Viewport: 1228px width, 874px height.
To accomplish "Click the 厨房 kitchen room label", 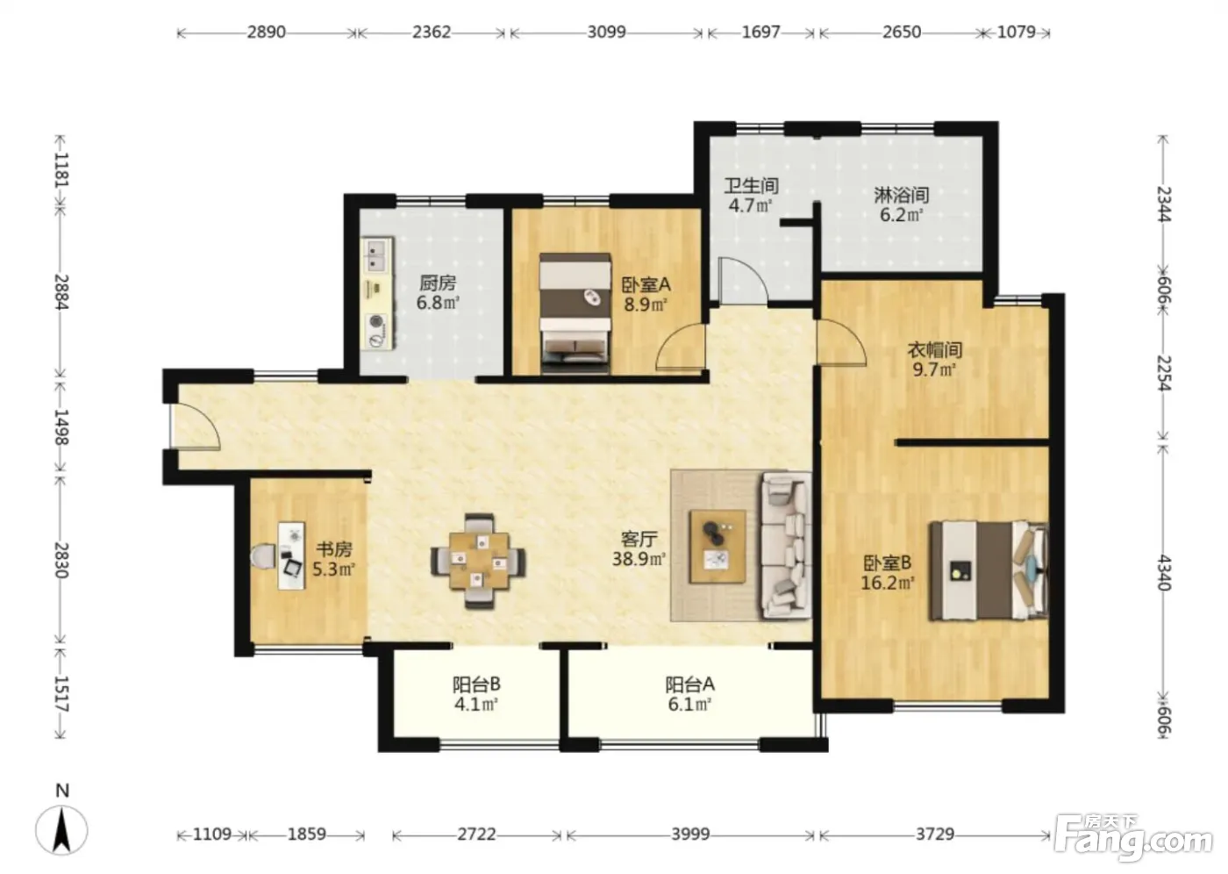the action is tap(438, 283).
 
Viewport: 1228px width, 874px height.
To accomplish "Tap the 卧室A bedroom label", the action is tap(646, 284).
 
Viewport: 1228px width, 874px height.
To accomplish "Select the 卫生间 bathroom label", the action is tap(751, 186).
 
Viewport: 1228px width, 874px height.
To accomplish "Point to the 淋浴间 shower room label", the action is tap(902, 195).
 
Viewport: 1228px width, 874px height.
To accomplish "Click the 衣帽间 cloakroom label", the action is tap(935, 350).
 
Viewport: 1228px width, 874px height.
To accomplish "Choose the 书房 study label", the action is tap(334, 548).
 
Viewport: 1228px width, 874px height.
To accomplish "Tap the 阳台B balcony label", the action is tap(475, 684).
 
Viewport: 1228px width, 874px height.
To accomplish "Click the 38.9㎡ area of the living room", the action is tap(639, 559).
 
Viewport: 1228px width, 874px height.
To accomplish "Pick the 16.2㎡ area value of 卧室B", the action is tap(887, 583).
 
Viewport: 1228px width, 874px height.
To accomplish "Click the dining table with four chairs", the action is tap(479, 561).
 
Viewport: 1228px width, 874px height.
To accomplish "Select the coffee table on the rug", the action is tap(718, 546).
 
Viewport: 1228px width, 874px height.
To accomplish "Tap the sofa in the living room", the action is tap(786, 545).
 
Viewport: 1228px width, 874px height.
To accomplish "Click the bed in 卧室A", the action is tap(575, 313).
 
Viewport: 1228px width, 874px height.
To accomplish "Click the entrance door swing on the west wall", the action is tap(196, 427).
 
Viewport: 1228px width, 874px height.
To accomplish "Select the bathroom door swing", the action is tap(743, 280).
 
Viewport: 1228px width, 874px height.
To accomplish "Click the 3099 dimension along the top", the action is tap(606, 32).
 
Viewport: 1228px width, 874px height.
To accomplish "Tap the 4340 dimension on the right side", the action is tap(1163, 572).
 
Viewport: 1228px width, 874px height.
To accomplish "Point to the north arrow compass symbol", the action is tap(61, 829).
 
